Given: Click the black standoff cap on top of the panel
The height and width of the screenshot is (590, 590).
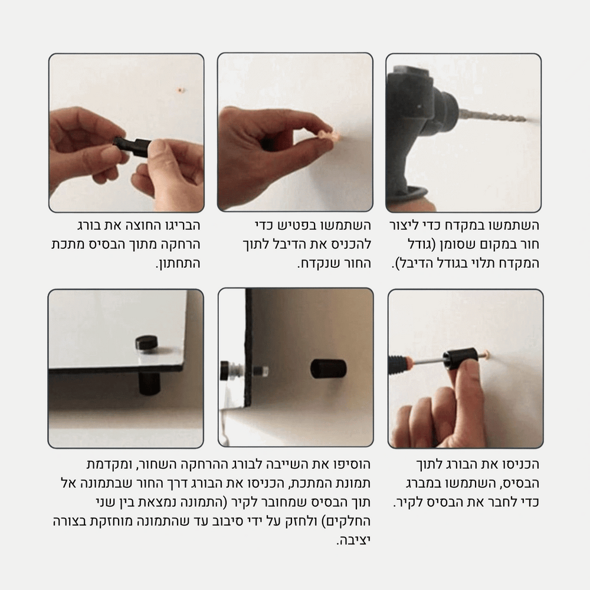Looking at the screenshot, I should (146, 343).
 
